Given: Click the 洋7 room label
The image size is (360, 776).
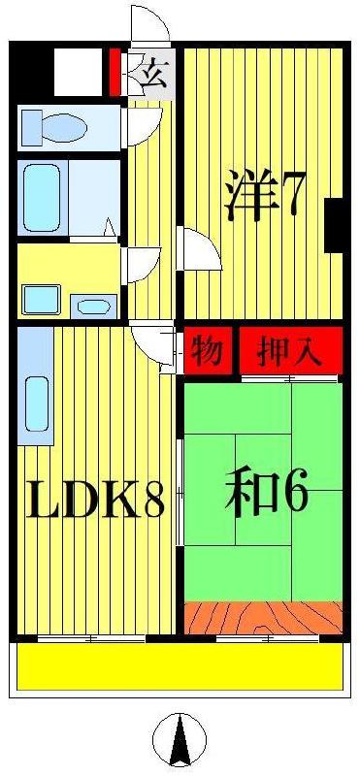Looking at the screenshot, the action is [x=261, y=195].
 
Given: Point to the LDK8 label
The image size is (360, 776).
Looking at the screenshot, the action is [x=95, y=499].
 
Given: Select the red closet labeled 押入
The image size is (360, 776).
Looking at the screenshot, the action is [x=291, y=351].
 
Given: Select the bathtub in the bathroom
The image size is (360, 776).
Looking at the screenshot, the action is [x=42, y=198].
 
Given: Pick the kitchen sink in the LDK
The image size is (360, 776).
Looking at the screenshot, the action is [x=37, y=404].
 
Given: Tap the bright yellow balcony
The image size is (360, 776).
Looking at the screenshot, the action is [x=180, y=666].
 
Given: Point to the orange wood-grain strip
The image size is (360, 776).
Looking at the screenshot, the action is [x=263, y=617].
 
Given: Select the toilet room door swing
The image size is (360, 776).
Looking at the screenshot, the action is [x=145, y=127].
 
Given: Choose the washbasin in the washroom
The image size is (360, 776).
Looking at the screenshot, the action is [x=93, y=307].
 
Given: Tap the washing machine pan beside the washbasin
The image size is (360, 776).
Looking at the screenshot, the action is [x=41, y=300].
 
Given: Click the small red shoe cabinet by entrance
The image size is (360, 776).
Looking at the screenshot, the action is [x=115, y=72].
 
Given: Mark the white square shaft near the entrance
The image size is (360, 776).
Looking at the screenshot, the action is [x=78, y=72].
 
